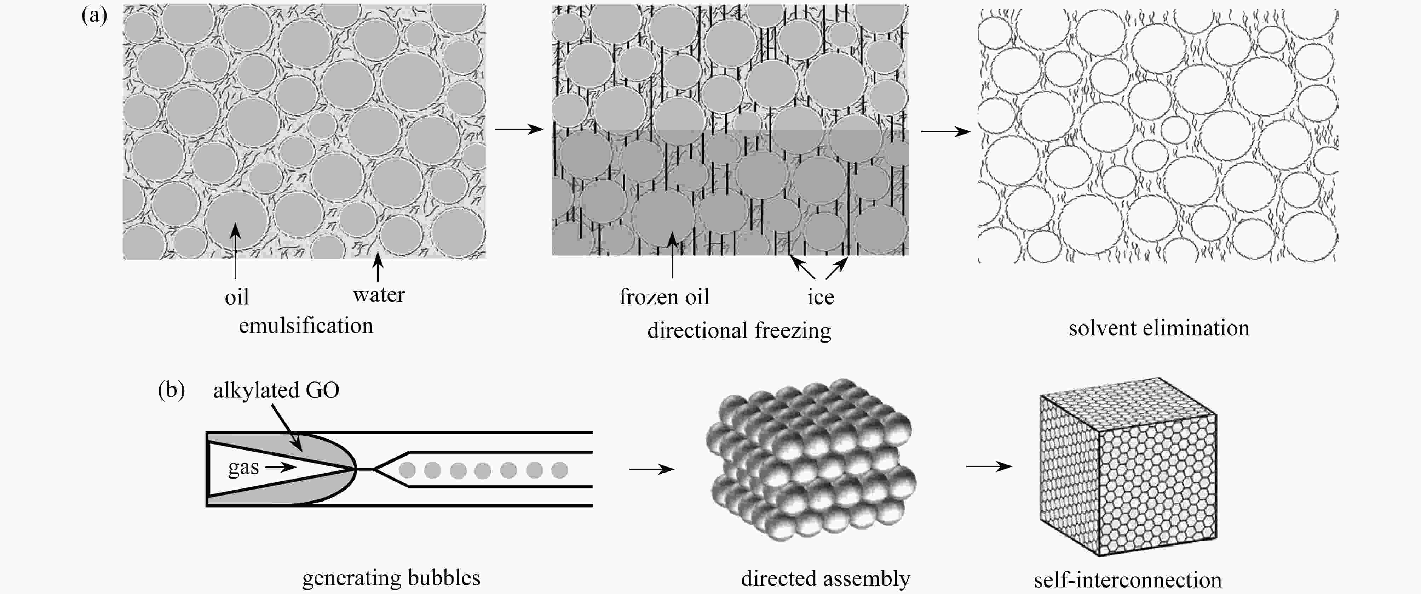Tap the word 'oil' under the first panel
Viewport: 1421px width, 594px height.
(237, 298)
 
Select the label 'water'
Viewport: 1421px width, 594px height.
(378, 295)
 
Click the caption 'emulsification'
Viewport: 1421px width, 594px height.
(306, 326)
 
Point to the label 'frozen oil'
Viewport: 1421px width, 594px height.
(664, 297)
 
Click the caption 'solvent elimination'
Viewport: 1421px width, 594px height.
(1159, 328)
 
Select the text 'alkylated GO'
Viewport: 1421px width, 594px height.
(276, 390)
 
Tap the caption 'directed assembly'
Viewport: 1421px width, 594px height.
(825, 578)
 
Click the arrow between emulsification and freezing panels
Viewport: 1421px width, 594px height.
(519, 129)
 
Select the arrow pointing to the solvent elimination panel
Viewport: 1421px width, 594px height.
(945, 131)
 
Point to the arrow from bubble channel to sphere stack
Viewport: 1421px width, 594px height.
(651, 469)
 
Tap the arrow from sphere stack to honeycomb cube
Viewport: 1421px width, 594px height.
(989, 466)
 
